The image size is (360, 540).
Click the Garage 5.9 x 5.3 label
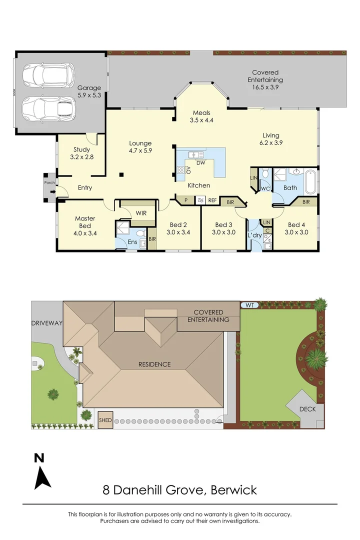coord(89,90)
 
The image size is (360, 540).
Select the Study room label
coord(81,153)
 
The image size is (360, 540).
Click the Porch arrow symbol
coord(52,190)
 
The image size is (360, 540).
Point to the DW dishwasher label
coord(200,163)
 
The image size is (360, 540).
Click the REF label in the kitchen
coord(212,200)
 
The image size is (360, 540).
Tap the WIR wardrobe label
coord(141,213)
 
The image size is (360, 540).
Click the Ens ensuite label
coord(132,242)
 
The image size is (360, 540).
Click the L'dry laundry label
coord(254,235)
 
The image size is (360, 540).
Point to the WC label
coord(265,188)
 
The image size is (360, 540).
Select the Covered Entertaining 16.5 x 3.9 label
coord(265,79)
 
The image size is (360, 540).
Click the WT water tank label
coord(248,304)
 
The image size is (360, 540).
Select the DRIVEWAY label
coord(47,323)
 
